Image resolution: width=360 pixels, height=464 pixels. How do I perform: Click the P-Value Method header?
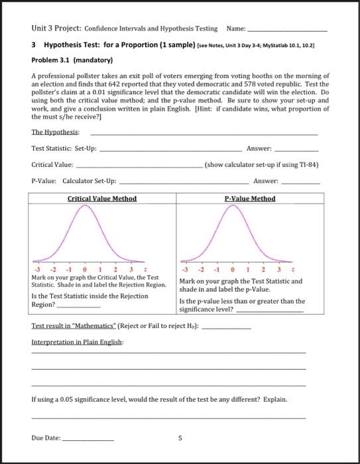tap(249, 198)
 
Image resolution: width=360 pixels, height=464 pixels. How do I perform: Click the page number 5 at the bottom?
tap(179, 437)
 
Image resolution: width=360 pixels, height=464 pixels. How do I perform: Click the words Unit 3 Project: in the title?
tap(56, 29)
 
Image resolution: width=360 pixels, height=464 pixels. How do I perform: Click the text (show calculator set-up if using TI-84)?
tap(262, 164)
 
